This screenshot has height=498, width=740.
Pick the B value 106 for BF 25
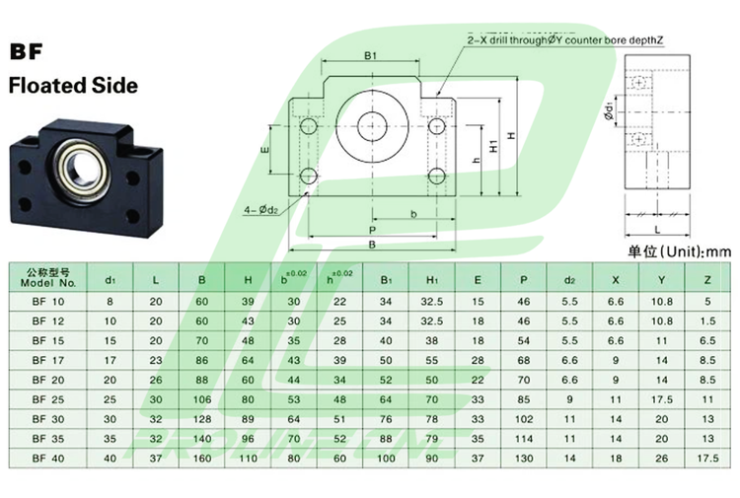point(201,399)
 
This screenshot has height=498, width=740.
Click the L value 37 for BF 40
point(155,458)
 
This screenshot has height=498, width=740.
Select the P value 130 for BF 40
point(523,458)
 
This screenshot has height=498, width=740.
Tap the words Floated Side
point(72,85)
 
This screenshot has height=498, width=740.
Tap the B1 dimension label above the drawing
point(371,56)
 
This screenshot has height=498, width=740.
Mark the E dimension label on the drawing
point(264,150)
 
